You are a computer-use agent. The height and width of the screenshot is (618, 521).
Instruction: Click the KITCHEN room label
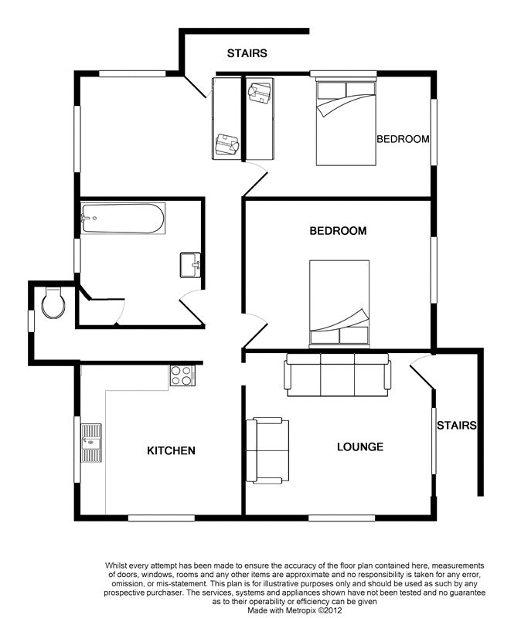point(171,450)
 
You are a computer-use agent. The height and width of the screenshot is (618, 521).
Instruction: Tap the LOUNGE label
point(360,447)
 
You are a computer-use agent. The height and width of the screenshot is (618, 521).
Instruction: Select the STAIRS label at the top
point(247,53)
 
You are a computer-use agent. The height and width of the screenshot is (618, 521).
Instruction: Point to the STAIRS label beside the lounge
point(456,426)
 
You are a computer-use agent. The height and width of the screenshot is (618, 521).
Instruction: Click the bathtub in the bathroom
point(123,218)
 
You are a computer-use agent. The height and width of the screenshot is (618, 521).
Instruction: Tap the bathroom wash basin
point(190,265)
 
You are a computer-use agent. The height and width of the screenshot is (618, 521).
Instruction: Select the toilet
point(53,303)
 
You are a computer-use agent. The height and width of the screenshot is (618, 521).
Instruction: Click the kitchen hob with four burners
point(182,375)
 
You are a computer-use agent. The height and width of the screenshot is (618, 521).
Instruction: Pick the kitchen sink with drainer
point(91,443)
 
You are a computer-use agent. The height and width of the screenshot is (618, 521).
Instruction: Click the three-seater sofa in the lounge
point(337,375)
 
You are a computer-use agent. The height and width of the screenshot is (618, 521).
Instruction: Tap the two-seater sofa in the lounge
point(267,450)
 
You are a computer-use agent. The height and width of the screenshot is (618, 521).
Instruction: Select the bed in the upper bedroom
point(346,123)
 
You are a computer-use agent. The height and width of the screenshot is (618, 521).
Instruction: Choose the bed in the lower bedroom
point(339,304)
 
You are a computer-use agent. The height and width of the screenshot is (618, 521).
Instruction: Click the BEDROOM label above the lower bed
point(338,230)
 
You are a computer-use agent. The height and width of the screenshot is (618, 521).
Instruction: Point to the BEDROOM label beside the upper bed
point(403,139)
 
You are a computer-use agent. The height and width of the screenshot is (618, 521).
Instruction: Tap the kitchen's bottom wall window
point(162,518)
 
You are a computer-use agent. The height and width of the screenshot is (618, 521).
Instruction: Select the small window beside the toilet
point(31,321)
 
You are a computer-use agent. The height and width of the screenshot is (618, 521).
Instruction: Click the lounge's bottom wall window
point(342,518)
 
